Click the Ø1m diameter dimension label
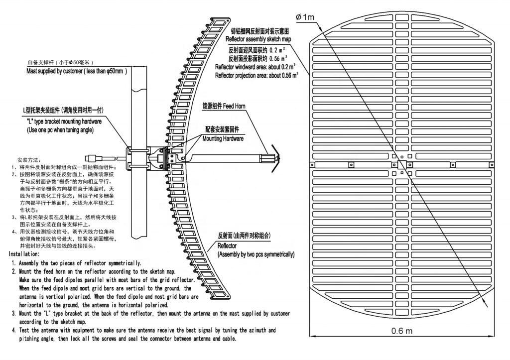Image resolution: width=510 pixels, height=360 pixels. (x=305, y=17)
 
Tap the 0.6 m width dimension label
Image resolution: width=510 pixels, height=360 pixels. (x=401, y=331)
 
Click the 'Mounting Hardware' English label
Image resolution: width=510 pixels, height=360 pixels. (x=223, y=138)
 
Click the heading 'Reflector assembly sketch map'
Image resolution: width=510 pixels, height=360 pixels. (x=258, y=39)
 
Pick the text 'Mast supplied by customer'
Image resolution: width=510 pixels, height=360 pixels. (x=76, y=71)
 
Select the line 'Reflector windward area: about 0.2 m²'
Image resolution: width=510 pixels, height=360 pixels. (x=255, y=67)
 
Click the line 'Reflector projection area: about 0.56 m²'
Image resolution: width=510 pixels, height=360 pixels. (x=256, y=76)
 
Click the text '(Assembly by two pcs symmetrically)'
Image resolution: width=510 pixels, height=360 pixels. (x=256, y=254)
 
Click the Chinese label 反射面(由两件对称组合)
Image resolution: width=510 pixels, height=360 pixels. (x=244, y=236)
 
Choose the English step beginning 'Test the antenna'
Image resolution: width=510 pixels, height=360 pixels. (x=147, y=330)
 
